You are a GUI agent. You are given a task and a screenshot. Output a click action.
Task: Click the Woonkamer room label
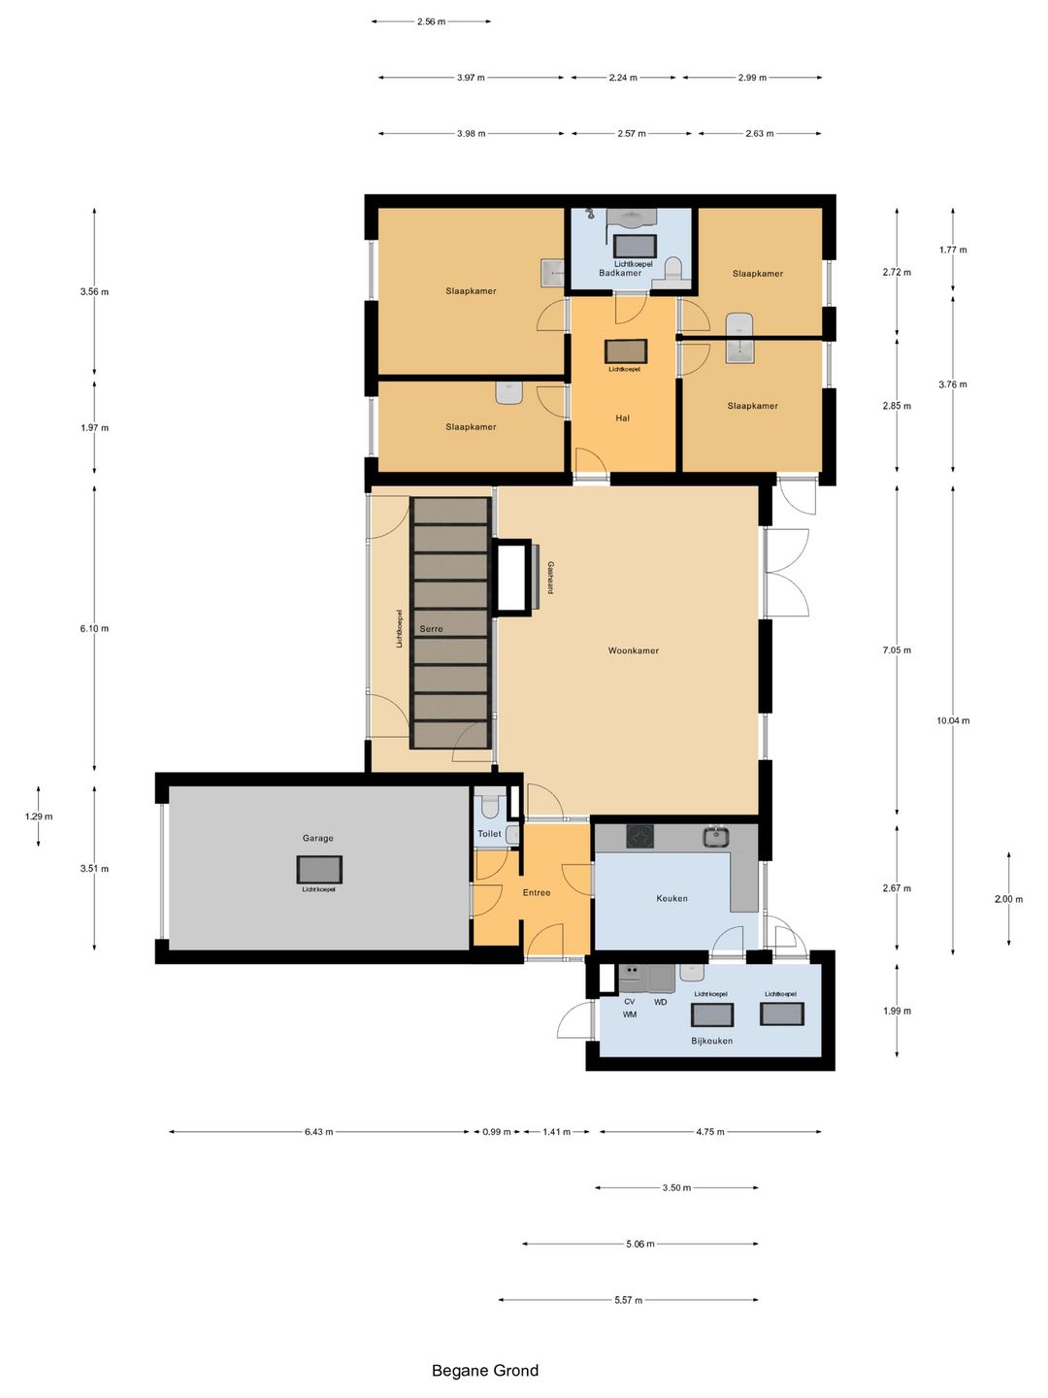pyautogui.click(x=633, y=650)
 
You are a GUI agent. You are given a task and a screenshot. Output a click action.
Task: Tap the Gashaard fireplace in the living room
pyautogui.click(x=512, y=577)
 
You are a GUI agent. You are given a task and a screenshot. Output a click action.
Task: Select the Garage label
pyautogui.click(x=317, y=838)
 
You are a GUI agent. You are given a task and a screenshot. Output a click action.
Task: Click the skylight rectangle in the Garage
pyautogui.click(x=319, y=869)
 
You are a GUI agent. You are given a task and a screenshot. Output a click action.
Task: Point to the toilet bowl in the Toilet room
pyautogui.click(x=489, y=807)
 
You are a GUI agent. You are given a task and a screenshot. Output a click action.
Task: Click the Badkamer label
pyautogui.click(x=620, y=273)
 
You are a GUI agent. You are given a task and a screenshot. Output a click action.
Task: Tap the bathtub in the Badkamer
pyautogui.click(x=635, y=246)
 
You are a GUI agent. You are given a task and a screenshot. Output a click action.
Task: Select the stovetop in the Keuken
pyautogui.click(x=640, y=836)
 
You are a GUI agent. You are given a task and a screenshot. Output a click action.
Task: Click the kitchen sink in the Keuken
pyautogui.click(x=716, y=836)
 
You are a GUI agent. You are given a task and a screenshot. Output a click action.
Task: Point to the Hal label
pyautogui.click(x=622, y=417)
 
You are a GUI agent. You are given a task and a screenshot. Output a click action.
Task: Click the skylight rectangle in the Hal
pyautogui.click(x=626, y=350)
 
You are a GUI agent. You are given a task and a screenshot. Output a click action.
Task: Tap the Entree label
pyautogui.click(x=537, y=892)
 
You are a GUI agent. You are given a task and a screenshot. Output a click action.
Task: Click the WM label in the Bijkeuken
pyautogui.click(x=630, y=1014)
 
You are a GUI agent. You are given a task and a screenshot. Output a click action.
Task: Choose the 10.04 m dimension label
pyautogui.click(x=953, y=720)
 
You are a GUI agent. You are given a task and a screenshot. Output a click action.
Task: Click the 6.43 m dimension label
pyautogui.click(x=318, y=1132)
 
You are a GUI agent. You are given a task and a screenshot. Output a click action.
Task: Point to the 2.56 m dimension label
pyautogui.click(x=431, y=21)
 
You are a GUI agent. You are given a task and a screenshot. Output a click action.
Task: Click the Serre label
pyautogui.click(x=431, y=629)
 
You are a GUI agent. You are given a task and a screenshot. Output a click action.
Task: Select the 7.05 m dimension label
pyautogui.click(x=897, y=650)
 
